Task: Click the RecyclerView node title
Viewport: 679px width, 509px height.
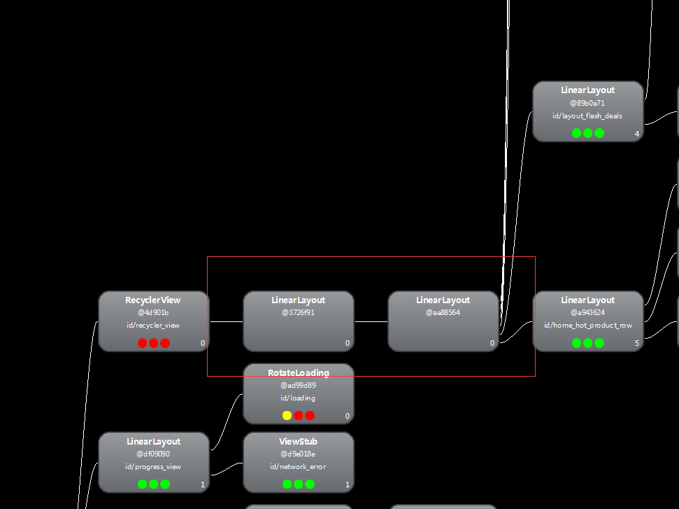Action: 153,300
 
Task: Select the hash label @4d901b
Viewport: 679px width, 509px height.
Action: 153,312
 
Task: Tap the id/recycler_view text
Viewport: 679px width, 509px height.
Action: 153,325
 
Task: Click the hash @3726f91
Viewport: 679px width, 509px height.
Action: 298,312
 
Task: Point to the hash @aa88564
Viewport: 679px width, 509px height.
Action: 443,312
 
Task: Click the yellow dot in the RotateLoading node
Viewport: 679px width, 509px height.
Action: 287,415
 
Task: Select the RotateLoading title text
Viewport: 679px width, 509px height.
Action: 298,372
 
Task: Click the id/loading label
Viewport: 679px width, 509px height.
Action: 298,398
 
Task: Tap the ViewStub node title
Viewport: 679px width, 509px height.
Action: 298,442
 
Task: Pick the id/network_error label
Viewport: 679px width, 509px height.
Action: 298,466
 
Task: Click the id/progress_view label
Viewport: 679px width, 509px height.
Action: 153,466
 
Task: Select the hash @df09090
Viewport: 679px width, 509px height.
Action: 153,454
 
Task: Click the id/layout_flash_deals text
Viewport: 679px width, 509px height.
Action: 587,116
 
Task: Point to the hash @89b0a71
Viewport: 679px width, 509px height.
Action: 587,103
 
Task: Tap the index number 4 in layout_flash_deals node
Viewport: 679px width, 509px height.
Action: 636,134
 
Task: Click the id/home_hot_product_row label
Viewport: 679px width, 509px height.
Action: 587,325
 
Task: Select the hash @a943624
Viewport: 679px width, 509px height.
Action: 587,312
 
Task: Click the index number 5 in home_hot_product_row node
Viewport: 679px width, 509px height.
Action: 636,343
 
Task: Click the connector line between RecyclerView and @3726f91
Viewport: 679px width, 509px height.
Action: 226,321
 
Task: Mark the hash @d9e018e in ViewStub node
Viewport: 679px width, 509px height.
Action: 298,454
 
